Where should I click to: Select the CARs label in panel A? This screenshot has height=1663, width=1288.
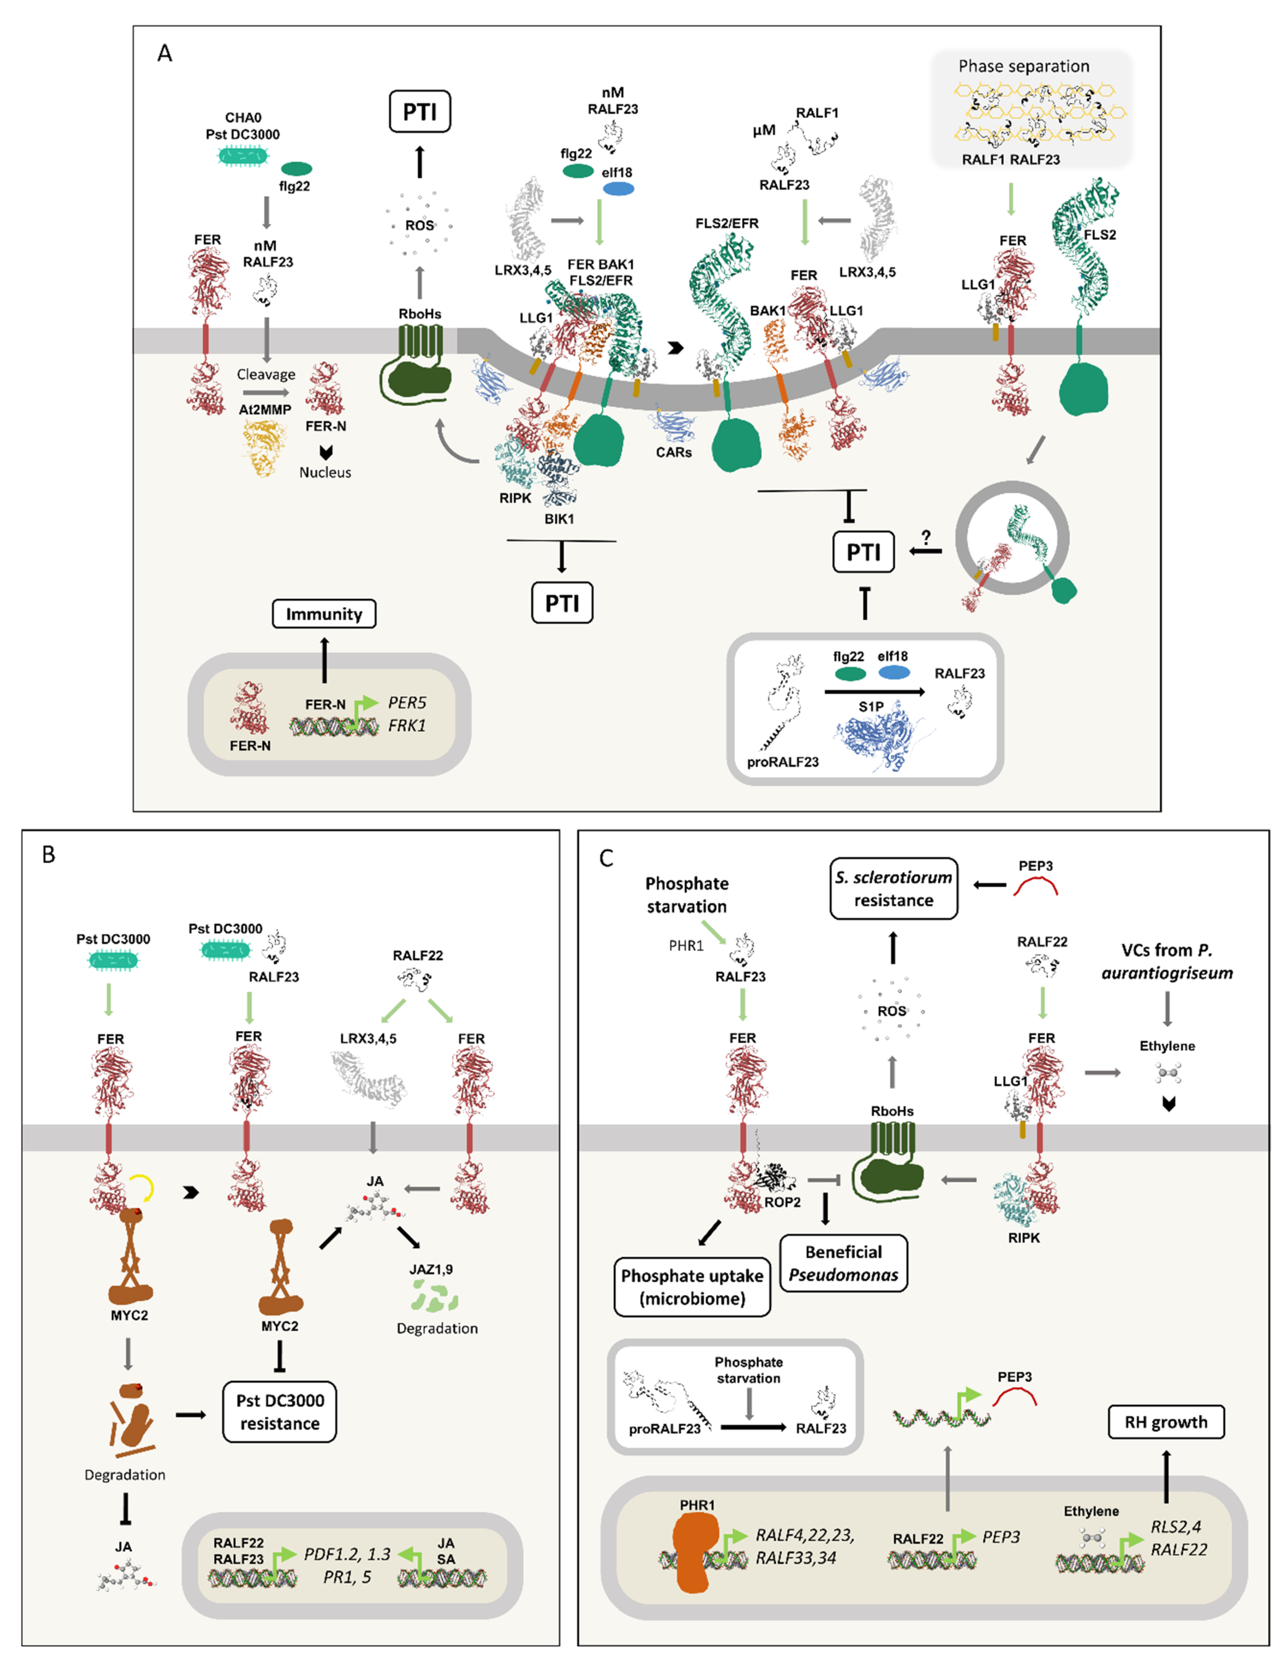[674, 452]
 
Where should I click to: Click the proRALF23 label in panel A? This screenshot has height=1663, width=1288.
[783, 761]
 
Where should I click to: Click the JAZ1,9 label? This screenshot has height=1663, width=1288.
[431, 1269]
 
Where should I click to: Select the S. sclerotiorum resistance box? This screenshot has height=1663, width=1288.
[893, 889]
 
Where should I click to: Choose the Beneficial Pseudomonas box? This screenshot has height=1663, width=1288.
[844, 1263]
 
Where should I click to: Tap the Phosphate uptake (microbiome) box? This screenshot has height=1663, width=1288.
[692, 1287]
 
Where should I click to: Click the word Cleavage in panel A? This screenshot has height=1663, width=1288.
[266, 375]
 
